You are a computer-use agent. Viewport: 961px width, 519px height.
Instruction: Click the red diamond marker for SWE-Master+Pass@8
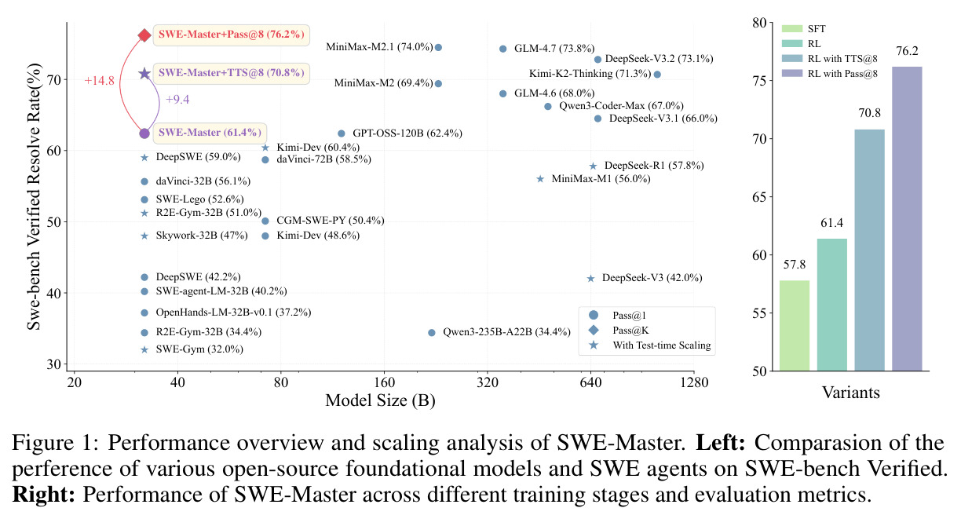[144, 35]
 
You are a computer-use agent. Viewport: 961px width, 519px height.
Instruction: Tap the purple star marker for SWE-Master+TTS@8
[144, 73]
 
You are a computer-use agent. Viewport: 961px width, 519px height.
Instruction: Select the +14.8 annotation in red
[99, 81]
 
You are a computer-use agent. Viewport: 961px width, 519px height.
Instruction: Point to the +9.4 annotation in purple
[177, 100]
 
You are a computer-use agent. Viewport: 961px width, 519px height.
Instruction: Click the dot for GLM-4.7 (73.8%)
[502, 49]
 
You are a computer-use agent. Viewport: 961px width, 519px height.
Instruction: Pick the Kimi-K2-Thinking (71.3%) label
[590, 74]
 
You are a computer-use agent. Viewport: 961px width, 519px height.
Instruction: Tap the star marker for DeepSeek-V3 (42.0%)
[590, 279]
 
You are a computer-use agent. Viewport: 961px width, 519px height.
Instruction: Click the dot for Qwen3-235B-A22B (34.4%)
[432, 332]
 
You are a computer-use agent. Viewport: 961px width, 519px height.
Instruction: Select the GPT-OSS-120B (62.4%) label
[407, 133]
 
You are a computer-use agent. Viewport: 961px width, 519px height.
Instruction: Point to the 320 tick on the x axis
[488, 382]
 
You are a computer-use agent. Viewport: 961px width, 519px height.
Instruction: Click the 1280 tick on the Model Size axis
[694, 382]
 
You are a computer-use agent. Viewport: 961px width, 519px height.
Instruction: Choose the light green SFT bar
[794, 326]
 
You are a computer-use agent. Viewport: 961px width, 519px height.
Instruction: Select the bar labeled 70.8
[870, 250]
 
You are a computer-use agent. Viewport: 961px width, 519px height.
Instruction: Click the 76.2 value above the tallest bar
[907, 52]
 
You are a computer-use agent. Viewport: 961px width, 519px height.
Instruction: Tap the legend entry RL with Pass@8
[830, 73]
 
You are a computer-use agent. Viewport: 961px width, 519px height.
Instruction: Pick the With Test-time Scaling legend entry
[650, 345]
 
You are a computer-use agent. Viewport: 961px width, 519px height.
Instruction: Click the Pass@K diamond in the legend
[594, 330]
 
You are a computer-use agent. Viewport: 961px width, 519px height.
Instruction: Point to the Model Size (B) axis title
[380, 400]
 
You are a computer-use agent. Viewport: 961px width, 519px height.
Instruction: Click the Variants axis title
[851, 393]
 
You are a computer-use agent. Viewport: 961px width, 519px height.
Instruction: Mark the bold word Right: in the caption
[43, 495]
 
